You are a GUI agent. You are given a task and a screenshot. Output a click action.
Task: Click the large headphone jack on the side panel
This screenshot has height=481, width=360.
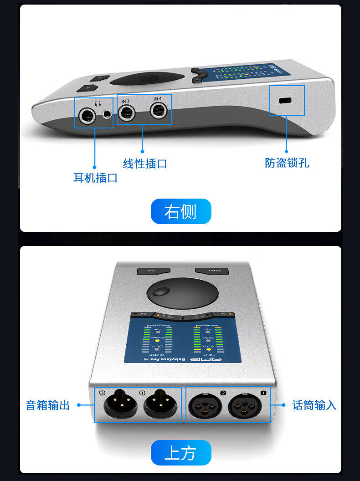(x=86, y=116)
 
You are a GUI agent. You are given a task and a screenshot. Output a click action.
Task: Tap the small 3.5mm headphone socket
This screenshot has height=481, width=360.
(x=107, y=114)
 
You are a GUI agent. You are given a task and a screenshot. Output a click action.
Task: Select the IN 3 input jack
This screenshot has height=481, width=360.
(x=126, y=112)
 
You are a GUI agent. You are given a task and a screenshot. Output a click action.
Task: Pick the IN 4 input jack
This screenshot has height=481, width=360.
(x=159, y=110)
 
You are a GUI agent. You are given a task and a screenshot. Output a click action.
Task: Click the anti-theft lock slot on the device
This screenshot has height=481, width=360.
(x=286, y=101)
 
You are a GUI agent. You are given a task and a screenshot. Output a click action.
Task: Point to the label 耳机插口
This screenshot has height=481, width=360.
(x=95, y=178)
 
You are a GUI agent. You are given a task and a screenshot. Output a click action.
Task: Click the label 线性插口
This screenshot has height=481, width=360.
(x=145, y=164)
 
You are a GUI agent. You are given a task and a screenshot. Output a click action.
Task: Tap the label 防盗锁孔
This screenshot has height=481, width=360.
(x=287, y=163)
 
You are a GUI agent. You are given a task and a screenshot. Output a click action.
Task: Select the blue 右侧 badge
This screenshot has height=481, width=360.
(x=181, y=211)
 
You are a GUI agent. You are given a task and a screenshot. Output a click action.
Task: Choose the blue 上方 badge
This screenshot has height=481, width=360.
(x=181, y=453)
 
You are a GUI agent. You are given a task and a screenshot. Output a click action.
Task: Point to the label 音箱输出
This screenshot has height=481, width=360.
(x=48, y=405)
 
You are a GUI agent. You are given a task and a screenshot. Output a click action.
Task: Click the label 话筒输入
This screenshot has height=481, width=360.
(x=314, y=405)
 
